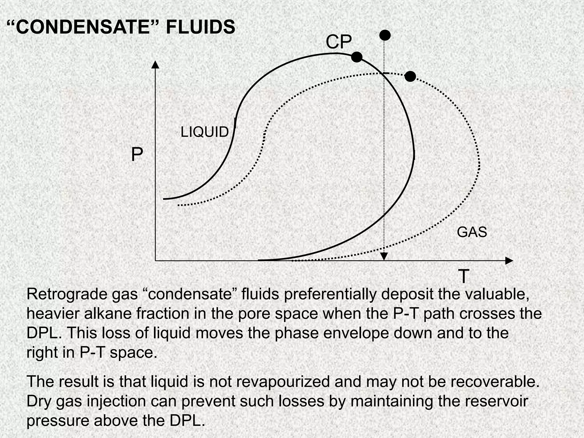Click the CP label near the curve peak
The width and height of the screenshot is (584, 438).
[x=338, y=42]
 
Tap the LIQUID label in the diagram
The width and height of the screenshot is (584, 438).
[x=204, y=132]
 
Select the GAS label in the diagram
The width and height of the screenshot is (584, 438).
[x=472, y=232]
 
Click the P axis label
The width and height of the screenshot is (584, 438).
[x=137, y=155]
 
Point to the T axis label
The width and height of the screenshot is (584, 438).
[x=464, y=276]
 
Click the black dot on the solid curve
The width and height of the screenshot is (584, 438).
[x=356, y=57]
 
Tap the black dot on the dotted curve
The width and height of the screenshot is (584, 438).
[x=410, y=76]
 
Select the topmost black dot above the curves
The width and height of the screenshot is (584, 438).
[x=385, y=35]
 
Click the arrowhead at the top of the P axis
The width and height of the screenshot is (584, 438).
[x=155, y=64]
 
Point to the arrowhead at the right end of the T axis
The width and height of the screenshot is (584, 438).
[x=509, y=261]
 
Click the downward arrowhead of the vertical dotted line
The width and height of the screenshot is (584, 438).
[x=384, y=257]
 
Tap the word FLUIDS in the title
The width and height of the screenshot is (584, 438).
[x=200, y=27]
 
